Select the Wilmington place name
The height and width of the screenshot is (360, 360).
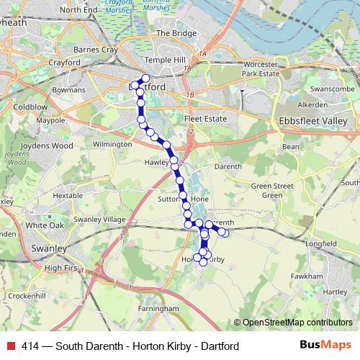(112, 144)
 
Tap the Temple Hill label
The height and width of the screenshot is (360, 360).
(161, 60)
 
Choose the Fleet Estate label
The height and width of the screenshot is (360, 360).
(205, 119)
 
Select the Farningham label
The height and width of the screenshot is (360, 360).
(159, 308)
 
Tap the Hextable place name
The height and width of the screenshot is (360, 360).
(68, 195)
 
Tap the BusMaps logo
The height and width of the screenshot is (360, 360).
(325, 346)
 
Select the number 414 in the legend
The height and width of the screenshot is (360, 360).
(30, 346)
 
